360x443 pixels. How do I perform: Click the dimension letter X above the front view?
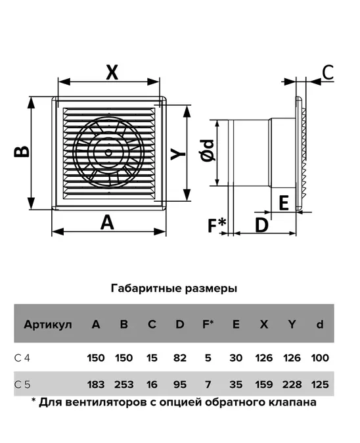click(112, 72)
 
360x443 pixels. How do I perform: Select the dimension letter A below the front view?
click(107, 222)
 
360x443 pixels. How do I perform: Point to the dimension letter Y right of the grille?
click(178, 154)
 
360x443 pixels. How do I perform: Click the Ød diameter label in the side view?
click(208, 150)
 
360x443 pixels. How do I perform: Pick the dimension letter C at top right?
click(328, 72)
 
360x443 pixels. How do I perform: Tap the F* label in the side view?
click(217, 225)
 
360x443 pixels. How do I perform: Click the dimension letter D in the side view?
click(261, 225)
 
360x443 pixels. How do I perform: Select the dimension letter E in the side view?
click(284, 202)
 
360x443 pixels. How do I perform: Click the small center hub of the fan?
click(108, 152)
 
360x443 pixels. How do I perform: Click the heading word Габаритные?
click(146, 289)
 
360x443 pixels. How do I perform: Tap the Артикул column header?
click(48, 324)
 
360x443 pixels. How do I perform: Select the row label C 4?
click(22, 358)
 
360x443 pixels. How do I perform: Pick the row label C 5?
click(22, 385)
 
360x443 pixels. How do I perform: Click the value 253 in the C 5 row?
click(124, 385)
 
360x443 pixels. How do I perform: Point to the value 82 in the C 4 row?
click(180, 358)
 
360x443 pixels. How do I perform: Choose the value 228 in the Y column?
click(292, 385)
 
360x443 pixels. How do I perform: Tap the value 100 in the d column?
click(320, 358)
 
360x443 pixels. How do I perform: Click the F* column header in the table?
click(208, 324)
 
